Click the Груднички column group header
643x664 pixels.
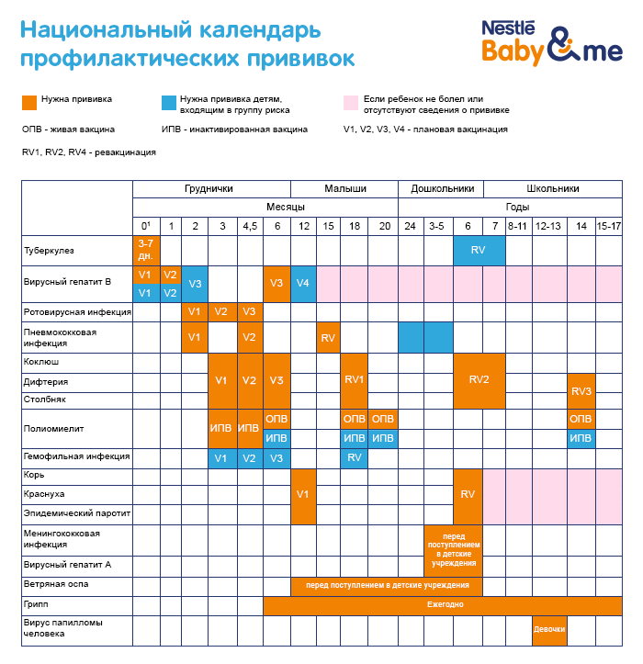point(209,188)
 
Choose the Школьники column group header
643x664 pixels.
point(554,188)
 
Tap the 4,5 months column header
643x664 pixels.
point(249,226)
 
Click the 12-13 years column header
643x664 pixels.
point(548,226)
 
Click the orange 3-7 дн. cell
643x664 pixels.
point(145,250)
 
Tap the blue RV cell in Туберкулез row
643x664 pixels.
point(478,250)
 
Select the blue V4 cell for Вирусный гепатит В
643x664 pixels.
point(303,284)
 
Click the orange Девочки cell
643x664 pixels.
point(548,629)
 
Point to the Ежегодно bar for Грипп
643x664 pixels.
point(444,605)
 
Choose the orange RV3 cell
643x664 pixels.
point(581,390)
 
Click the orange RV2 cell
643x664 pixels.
point(479,380)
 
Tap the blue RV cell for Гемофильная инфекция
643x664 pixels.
point(355,457)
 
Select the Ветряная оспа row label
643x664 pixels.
point(51,584)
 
